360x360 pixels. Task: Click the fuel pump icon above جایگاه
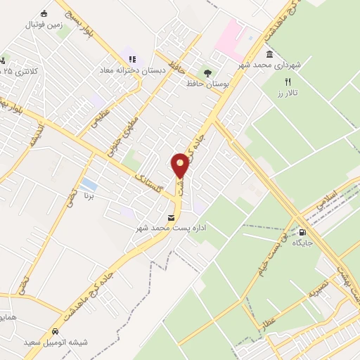pyautogui.click(x=303, y=232)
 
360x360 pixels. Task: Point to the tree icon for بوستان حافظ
pyautogui.click(x=207, y=72)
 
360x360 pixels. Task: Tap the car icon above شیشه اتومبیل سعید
pyautogui.click(x=54, y=331)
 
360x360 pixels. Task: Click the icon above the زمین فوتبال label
pyautogui.click(x=44, y=13)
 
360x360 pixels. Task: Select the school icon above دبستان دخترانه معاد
pyautogui.click(x=131, y=59)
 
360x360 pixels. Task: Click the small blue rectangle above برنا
pyautogui.click(x=89, y=185)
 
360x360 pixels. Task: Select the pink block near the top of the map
pyautogui.click(x=229, y=36)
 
